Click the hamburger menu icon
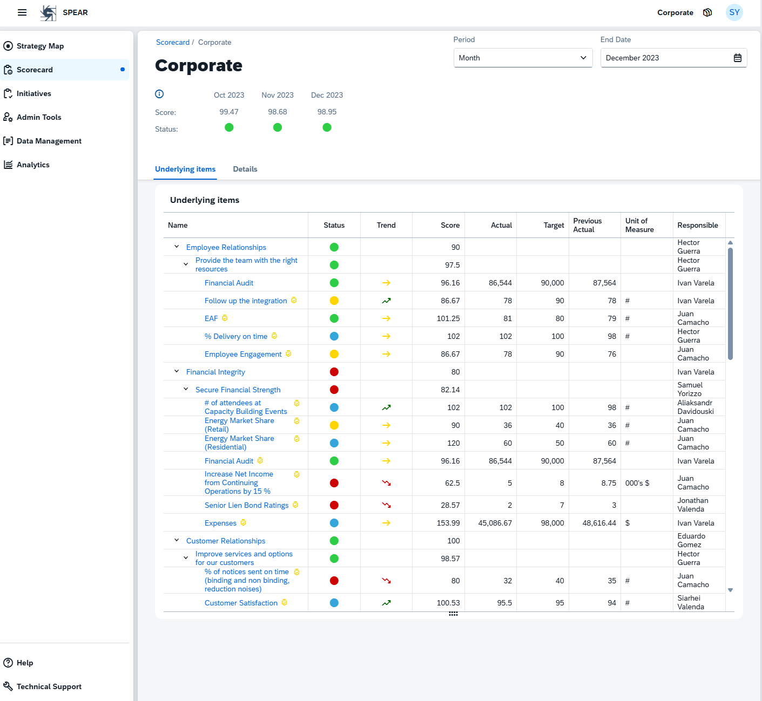point(22,12)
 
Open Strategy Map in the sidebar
point(40,46)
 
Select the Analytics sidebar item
point(33,165)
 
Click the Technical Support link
point(49,686)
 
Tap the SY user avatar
point(734,12)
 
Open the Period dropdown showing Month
point(522,58)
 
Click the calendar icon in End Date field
point(737,58)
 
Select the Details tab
point(245,169)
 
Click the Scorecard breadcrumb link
point(172,42)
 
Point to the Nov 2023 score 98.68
point(277,112)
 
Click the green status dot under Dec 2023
point(327,127)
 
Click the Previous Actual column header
point(587,225)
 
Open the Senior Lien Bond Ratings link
point(246,505)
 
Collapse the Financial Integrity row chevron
point(177,371)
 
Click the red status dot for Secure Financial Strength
point(334,390)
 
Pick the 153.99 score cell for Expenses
point(448,523)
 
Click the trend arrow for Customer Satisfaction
point(386,603)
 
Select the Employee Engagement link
point(243,354)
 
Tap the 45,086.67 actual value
point(495,523)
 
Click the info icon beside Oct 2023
point(159,94)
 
